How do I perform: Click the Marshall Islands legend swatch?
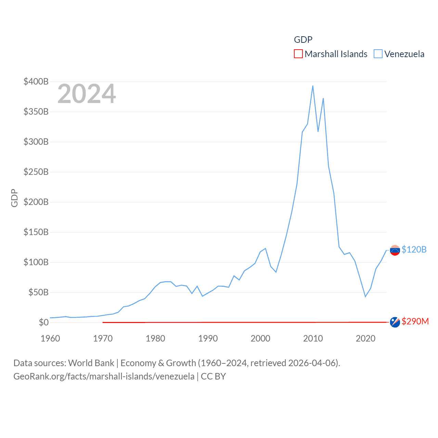(x=298, y=54)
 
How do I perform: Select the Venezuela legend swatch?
(x=378, y=54)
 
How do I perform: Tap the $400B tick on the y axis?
(x=36, y=81)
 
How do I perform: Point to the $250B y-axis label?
(x=36, y=172)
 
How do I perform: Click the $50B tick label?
(x=38, y=292)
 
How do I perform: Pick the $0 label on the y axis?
(x=43, y=322)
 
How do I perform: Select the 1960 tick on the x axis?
(x=50, y=338)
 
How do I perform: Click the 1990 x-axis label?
(x=208, y=338)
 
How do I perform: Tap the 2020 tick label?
(x=365, y=338)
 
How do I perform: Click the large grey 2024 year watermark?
(x=87, y=94)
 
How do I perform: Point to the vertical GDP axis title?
(x=14, y=198)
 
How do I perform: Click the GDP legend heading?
(x=303, y=40)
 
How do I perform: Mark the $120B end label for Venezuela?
(x=414, y=249)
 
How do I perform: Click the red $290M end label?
(x=415, y=321)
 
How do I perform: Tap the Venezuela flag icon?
(x=395, y=250)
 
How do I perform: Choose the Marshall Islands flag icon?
(x=395, y=322)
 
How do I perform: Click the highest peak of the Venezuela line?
(x=313, y=86)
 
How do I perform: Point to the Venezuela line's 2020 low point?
(x=365, y=296)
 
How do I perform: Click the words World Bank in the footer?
(x=91, y=363)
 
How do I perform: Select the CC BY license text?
(x=213, y=376)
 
